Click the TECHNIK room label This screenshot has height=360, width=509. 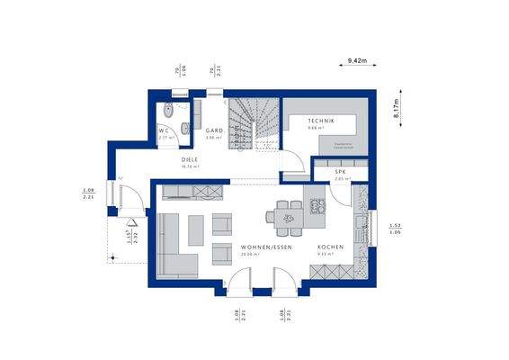coord(320,121)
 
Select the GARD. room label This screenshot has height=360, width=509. coord(213,130)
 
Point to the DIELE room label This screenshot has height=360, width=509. coord(190,158)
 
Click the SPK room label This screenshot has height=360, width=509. coord(341,171)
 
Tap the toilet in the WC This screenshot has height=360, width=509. coord(166,112)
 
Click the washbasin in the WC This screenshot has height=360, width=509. coord(184,129)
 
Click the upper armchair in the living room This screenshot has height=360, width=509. coord(222,220)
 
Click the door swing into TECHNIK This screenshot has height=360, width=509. coord(294,162)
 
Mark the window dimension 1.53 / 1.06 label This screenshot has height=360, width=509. coord(393,228)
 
